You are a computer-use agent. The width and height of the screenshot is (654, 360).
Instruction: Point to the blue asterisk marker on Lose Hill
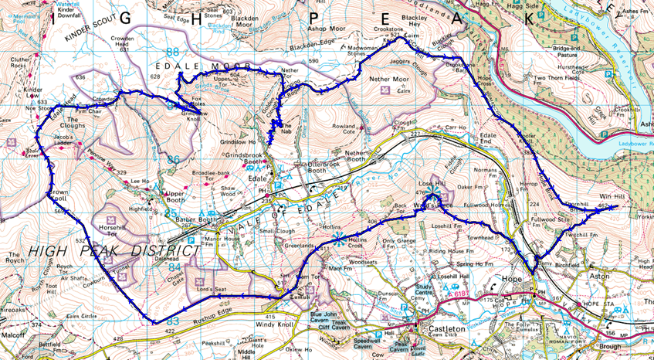[433, 192]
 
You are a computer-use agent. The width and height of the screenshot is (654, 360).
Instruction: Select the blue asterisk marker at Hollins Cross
[340, 239]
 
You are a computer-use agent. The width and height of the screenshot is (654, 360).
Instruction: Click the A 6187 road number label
[455, 294]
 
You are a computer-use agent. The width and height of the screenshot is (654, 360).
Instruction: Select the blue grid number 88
[172, 52]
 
